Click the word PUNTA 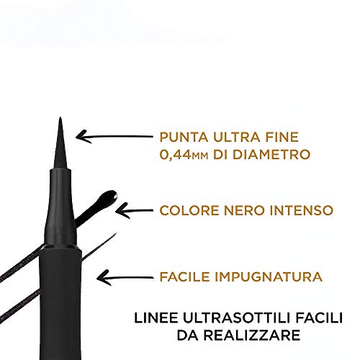tap(184, 138)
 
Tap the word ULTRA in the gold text tap(233, 138)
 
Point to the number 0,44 tap(174, 154)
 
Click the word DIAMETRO tap(271, 154)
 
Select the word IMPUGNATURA tap(269, 276)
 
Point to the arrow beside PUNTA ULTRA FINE tap(114, 137)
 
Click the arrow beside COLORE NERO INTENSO tap(134, 211)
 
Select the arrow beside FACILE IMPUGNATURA tap(125, 278)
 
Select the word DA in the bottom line tap(188, 335)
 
